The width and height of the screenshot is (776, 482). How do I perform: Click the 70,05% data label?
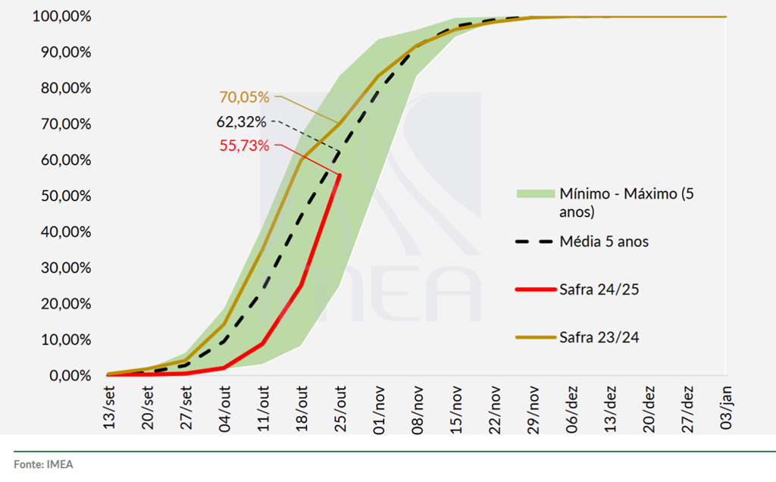point(244,97)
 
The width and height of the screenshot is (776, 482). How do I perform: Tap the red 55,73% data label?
point(244,146)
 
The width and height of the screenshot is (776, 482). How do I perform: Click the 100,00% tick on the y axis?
point(61,17)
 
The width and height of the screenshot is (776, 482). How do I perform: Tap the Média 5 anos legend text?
point(604,242)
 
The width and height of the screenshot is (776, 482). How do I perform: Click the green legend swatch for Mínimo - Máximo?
point(533,194)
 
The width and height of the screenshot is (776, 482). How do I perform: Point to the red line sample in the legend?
point(533,289)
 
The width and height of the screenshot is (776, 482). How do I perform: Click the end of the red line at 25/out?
point(339,175)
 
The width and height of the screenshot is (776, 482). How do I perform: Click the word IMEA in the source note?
point(61,463)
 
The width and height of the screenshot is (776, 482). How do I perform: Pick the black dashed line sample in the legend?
point(533,242)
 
